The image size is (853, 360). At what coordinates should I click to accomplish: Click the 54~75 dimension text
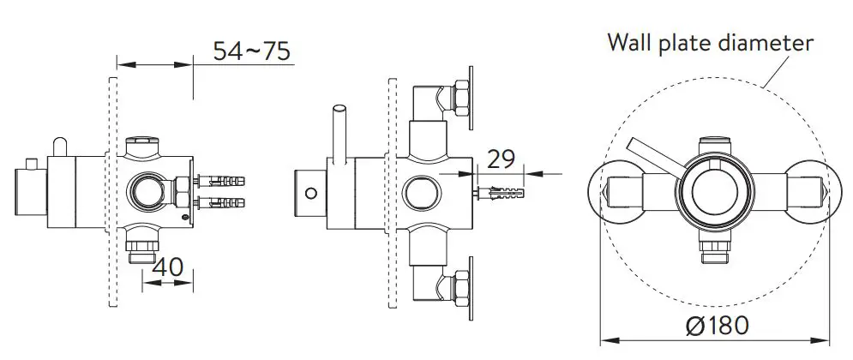(x=252, y=51)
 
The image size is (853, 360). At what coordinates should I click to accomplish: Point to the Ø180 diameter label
(x=717, y=326)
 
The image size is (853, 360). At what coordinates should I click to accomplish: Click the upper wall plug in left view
(x=223, y=181)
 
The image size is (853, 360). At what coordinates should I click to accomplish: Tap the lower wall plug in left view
(x=223, y=204)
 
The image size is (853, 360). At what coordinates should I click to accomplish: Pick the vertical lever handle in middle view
(x=339, y=132)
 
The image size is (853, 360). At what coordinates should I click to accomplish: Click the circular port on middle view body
(x=421, y=189)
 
